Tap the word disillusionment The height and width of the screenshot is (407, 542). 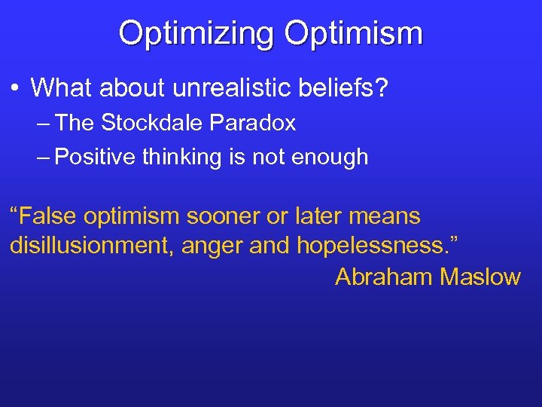[90, 246]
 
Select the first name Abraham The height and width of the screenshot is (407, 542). [384, 277]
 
